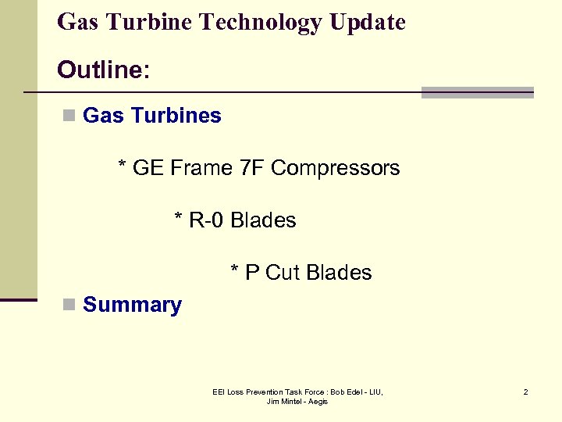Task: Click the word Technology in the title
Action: tap(261, 23)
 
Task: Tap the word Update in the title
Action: tap(367, 23)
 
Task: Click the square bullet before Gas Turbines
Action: tap(69, 116)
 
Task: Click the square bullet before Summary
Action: tap(69, 305)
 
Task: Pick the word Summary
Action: tap(132, 305)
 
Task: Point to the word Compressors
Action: tap(335, 168)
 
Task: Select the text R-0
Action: tap(207, 220)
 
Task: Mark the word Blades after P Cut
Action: tap(339, 273)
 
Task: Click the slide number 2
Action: tap(525, 392)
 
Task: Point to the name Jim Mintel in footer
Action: tap(284, 402)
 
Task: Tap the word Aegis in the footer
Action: tap(318, 402)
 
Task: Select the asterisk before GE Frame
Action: tap(122, 167)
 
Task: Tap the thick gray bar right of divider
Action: tap(477, 92)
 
